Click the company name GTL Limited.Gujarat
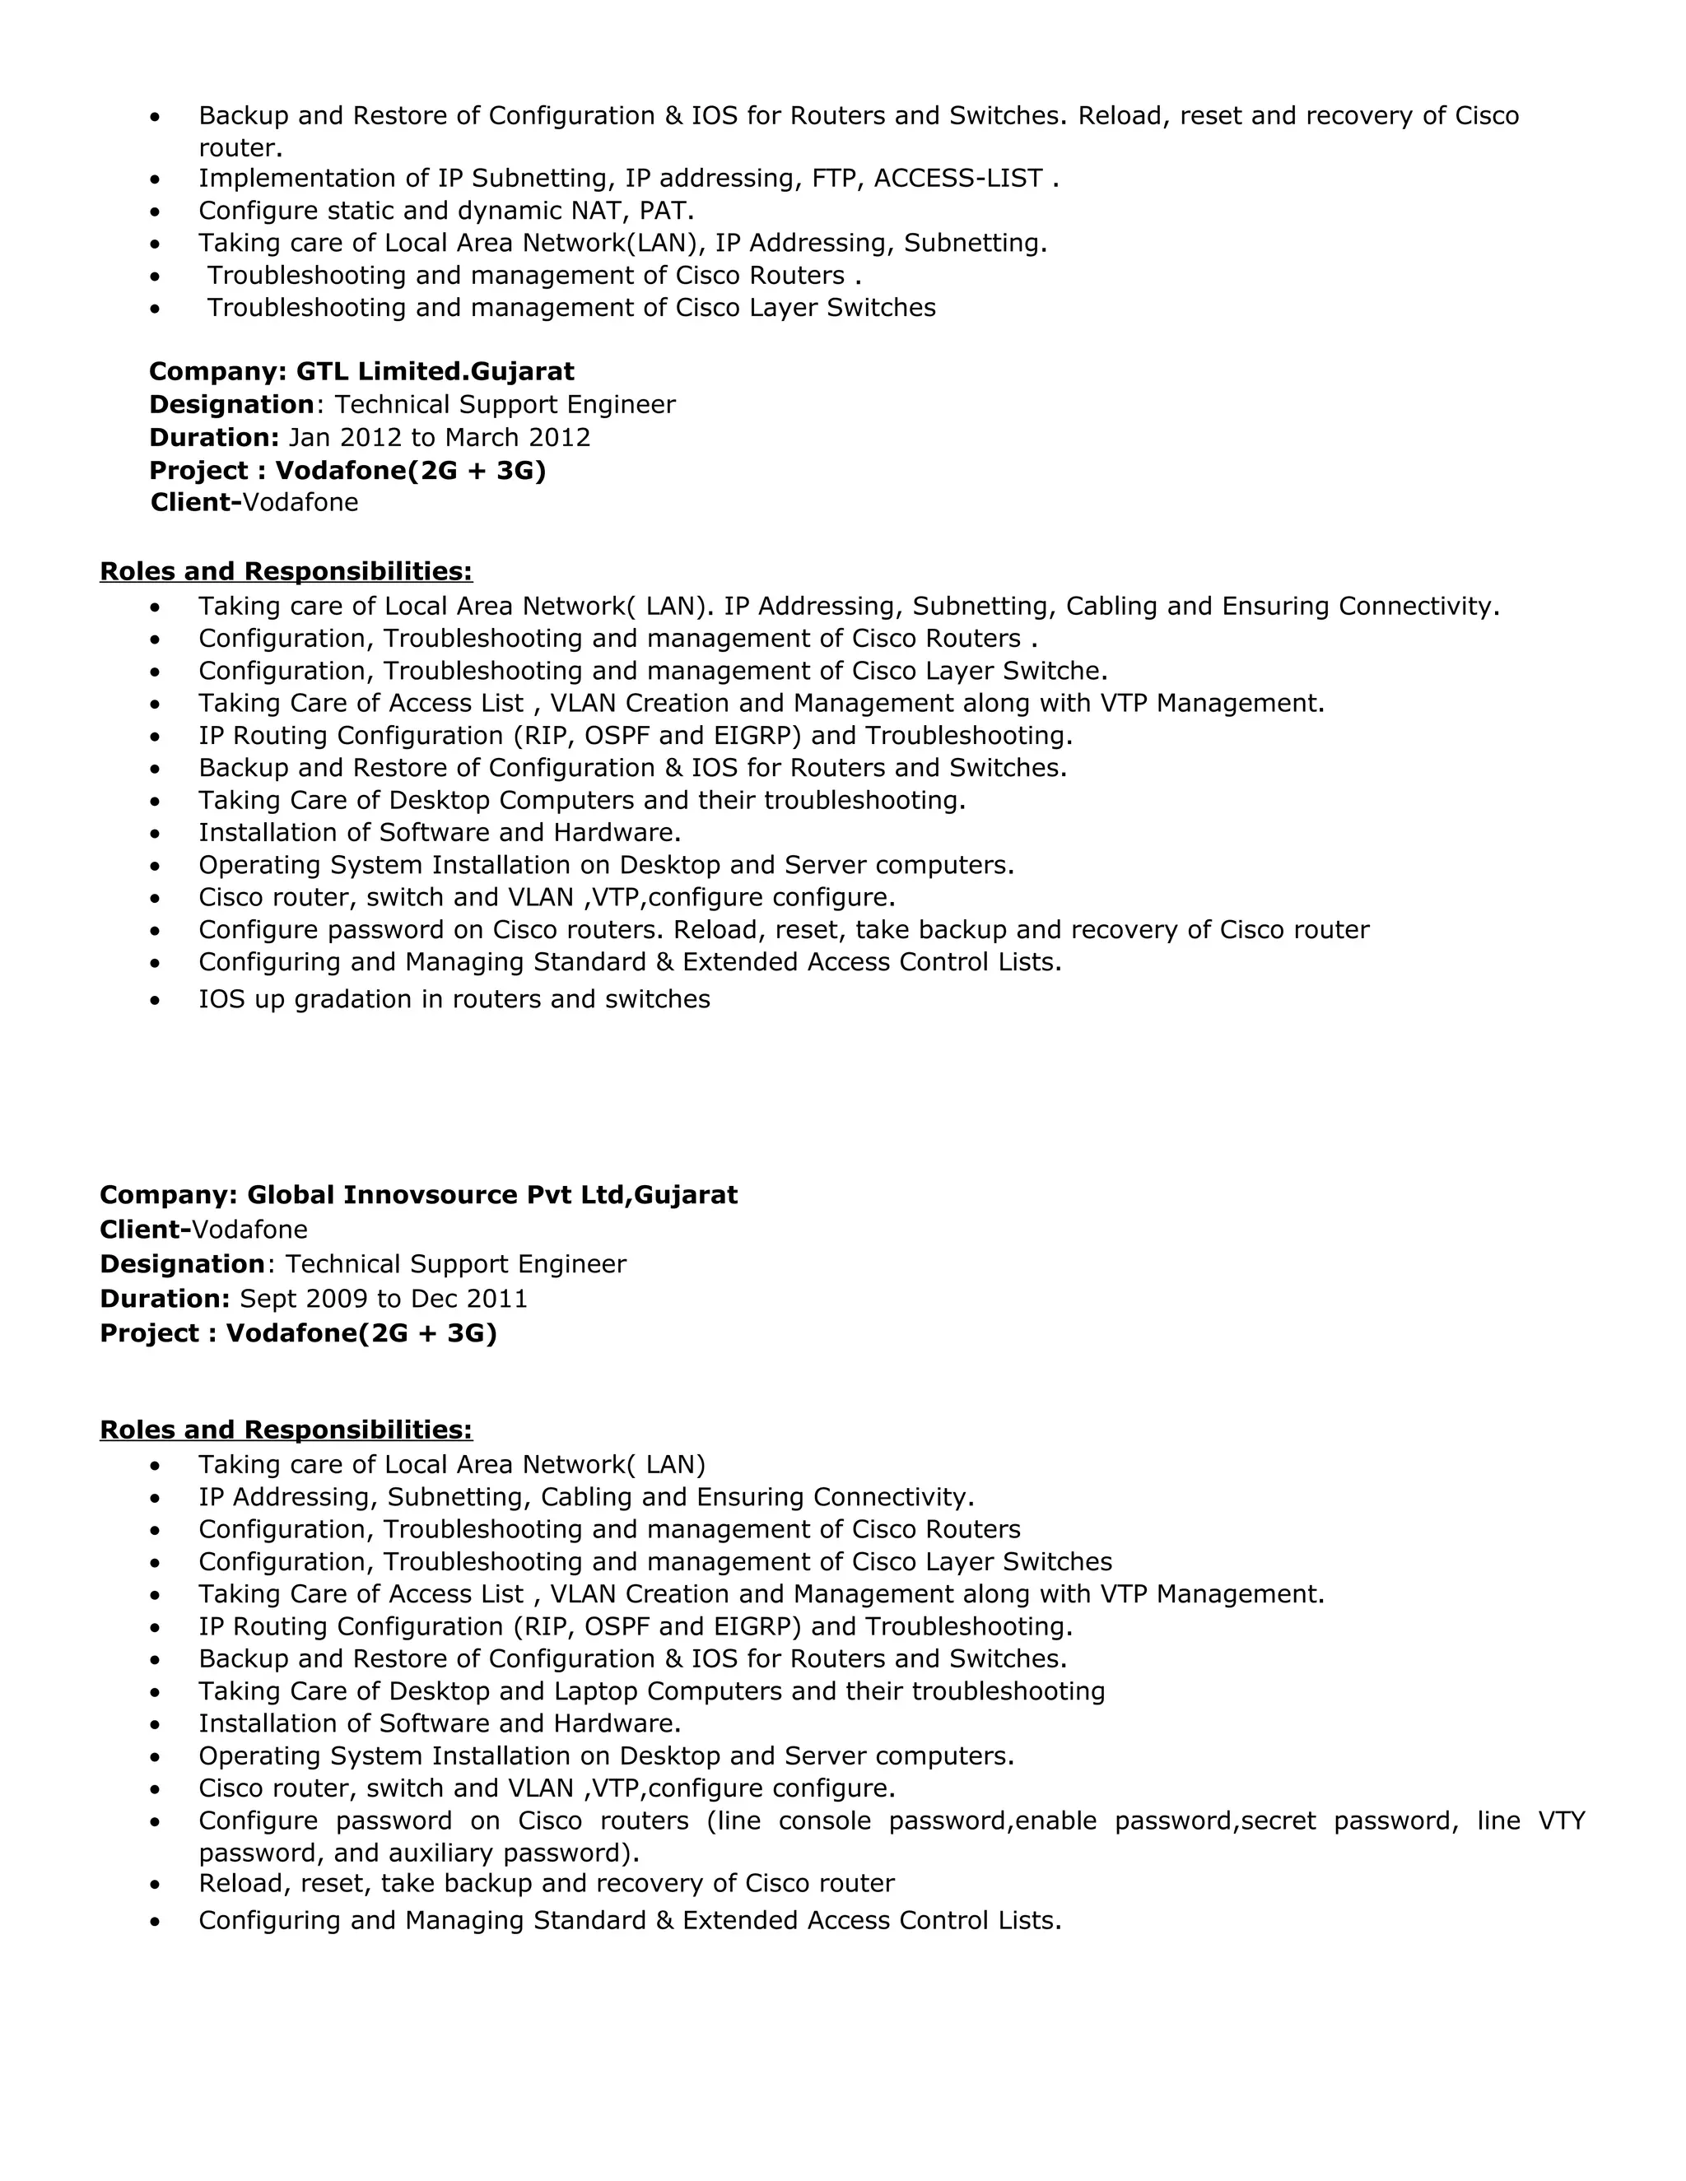435,371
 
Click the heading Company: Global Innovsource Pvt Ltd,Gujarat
418,1195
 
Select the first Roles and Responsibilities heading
286,571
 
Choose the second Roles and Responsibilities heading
286,1430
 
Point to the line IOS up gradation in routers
454,1000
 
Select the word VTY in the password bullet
1561,1821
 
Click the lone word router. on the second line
240,149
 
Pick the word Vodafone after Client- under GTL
300,502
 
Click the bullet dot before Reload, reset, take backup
154,1886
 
